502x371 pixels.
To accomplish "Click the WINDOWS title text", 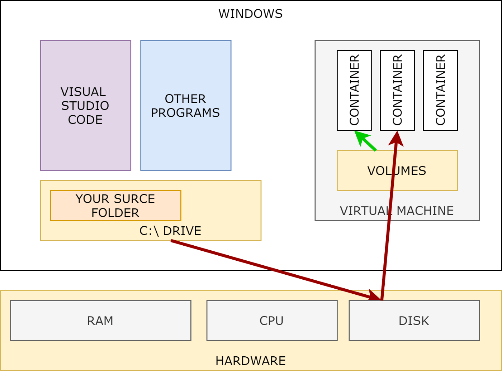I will point(250,14).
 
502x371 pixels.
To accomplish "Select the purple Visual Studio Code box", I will point(85,143).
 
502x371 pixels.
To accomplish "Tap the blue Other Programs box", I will point(186,143).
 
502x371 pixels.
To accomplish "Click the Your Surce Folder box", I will point(115,206).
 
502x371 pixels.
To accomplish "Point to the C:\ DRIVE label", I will point(170,231).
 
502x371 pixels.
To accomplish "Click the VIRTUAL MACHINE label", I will point(397,211).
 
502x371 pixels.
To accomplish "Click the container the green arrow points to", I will point(354,90).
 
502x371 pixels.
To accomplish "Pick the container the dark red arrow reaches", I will point(397,90).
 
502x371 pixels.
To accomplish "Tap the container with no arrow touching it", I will point(440,90).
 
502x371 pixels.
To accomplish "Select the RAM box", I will point(100,321).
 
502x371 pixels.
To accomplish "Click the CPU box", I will point(272,321).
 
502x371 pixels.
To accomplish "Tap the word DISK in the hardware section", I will point(414,321).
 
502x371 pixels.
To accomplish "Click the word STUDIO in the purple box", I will point(85,106).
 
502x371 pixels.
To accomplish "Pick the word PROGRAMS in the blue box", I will point(185,113).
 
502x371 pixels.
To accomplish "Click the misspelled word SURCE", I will point(135,199).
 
